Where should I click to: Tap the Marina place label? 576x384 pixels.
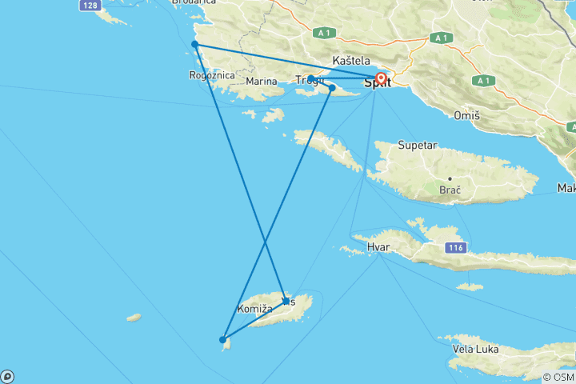coord(262,81)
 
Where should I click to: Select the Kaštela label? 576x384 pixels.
coord(351,61)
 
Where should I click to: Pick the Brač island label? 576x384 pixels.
coord(451,190)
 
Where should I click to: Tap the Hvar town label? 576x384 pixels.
coord(378,247)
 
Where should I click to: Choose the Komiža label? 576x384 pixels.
coord(255,308)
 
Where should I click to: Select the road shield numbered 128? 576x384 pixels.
coord(90,6)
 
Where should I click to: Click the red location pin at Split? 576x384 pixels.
coord(381,79)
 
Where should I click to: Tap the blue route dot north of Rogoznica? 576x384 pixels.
coord(194,44)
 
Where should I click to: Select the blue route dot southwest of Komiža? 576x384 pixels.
coord(222,339)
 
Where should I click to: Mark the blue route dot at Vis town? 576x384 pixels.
coord(286,301)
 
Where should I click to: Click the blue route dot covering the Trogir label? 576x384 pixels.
coord(310,78)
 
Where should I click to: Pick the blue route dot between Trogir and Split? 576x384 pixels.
coord(332,88)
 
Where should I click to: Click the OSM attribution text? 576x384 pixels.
coord(558,377)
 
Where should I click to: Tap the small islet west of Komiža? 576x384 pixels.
coord(134,318)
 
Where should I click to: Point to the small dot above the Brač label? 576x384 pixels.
coord(450,178)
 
